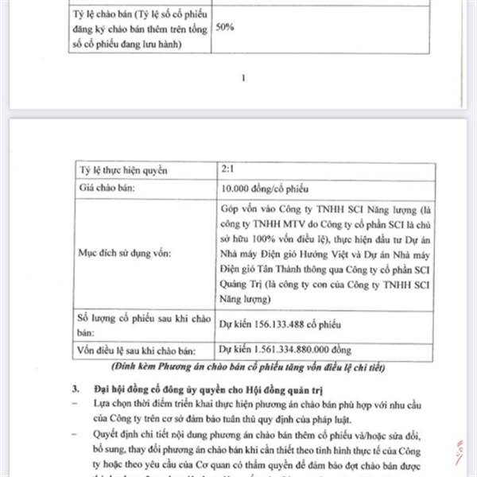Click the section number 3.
(75, 390)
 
